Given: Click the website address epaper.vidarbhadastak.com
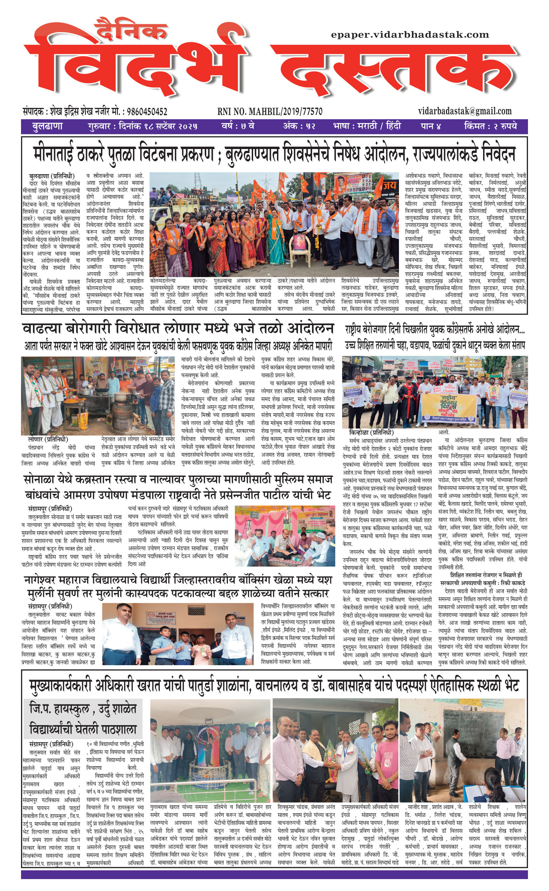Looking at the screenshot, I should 409,35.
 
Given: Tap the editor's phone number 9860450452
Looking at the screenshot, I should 145,112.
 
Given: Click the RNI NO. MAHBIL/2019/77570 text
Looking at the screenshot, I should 270,112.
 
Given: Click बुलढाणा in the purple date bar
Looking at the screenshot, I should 47,127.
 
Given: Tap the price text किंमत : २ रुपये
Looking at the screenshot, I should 490,127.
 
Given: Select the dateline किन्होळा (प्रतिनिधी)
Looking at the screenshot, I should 371,432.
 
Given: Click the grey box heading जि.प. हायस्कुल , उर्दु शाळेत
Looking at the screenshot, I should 83,708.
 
